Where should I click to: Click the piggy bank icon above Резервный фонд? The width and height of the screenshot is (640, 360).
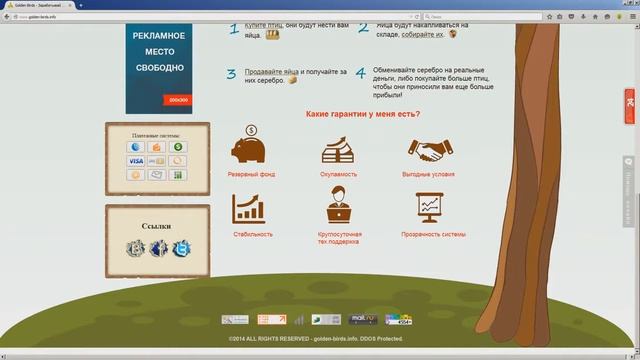249,148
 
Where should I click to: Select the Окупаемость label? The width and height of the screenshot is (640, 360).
338,174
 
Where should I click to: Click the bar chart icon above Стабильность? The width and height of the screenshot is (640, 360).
248,209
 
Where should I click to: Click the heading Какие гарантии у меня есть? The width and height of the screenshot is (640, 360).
362,114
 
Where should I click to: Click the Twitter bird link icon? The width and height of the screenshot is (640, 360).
181,248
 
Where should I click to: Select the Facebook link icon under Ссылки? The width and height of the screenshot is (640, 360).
157,248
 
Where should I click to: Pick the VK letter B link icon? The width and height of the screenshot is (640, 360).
135,248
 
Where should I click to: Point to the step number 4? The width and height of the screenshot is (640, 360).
360,74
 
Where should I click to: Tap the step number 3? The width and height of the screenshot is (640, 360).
231,74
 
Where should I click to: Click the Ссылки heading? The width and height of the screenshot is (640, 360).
157,226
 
